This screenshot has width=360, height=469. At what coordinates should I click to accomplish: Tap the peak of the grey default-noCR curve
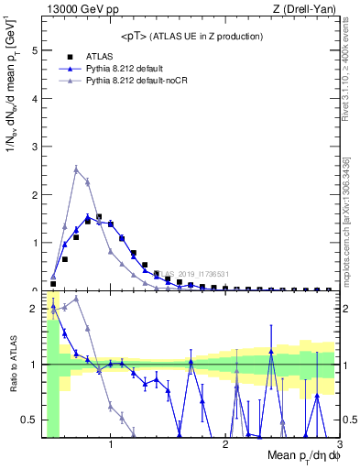tap(76, 169)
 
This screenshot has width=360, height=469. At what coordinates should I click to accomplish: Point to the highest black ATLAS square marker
tap(99, 217)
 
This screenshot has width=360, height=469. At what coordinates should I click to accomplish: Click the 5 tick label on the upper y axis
tap(35, 51)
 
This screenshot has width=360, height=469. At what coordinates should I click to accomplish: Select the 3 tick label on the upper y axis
tap(35, 147)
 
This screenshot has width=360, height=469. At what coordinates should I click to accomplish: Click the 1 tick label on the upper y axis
tap(35, 243)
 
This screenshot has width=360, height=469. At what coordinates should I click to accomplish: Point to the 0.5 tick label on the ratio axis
tap(31, 420)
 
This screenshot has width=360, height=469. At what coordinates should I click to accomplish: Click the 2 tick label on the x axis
tap(225, 446)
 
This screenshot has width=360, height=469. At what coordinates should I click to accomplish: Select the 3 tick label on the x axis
tap(340, 446)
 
